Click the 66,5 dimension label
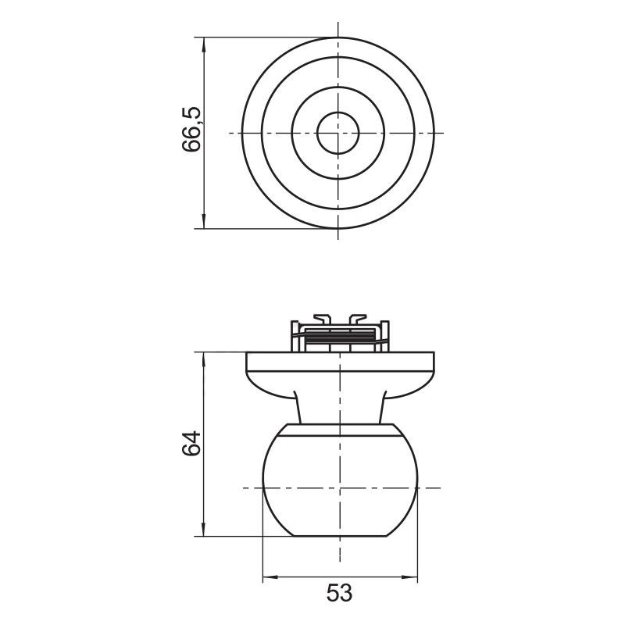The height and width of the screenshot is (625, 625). point(191,129)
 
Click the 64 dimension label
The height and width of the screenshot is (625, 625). point(191,443)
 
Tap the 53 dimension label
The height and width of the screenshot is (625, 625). point(340,593)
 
